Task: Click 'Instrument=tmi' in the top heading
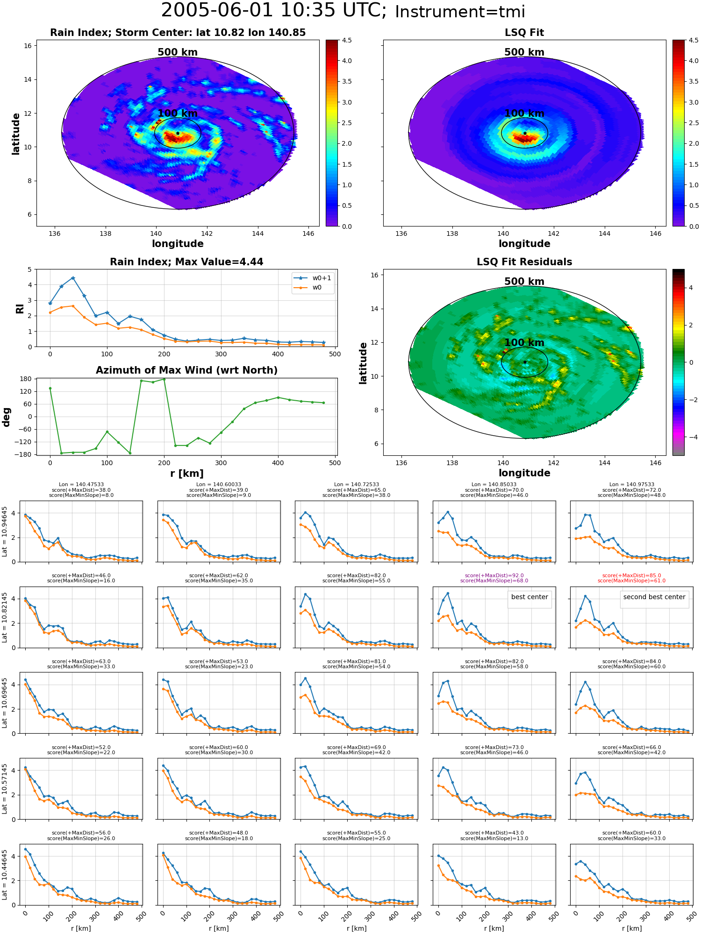point(460,12)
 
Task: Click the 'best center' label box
point(529,597)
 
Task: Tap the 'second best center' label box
point(654,597)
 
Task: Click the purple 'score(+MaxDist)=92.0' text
point(494,575)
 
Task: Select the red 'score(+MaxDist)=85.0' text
point(631,575)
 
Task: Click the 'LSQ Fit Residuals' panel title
point(524,262)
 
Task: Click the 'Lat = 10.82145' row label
point(5,617)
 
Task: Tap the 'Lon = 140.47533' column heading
point(81,485)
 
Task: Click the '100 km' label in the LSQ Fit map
point(524,113)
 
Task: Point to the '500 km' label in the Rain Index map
point(178,52)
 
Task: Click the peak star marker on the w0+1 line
point(73,278)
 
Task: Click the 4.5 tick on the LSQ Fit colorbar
point(694,40)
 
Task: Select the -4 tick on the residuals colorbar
point(691,437)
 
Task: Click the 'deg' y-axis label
point(7,417)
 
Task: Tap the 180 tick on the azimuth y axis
point(26,379)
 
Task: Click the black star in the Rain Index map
point(178,133)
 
